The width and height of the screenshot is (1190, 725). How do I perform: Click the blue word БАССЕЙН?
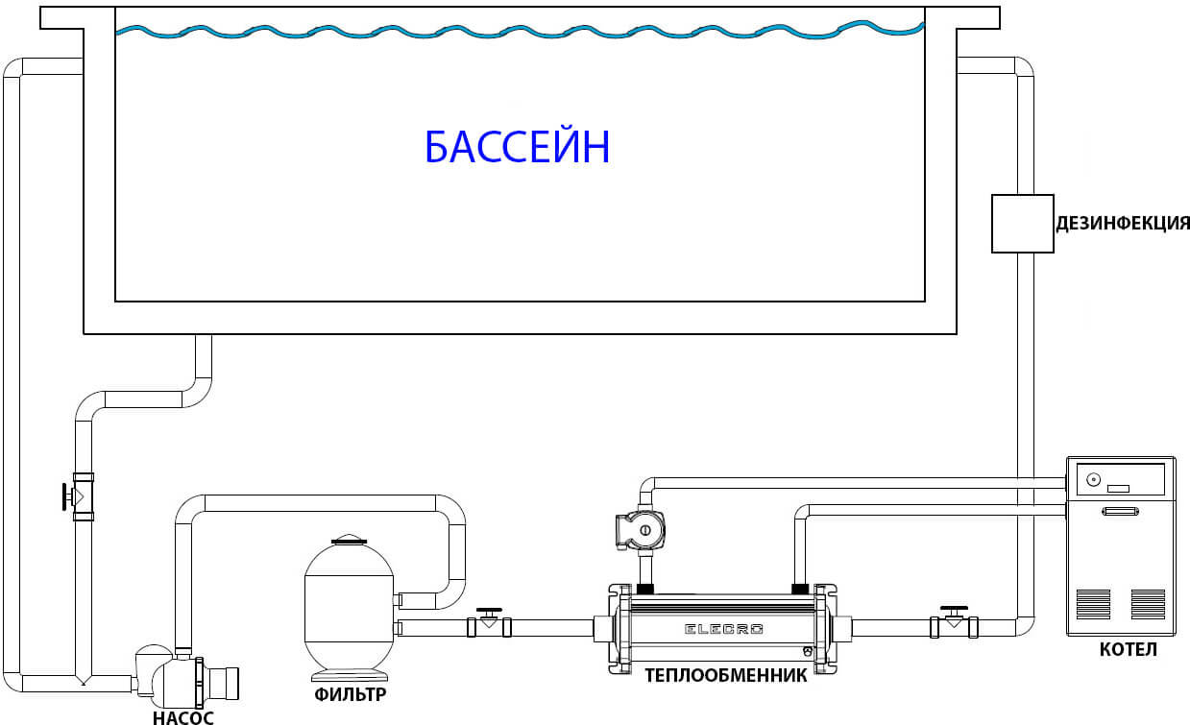(x=517, y=149)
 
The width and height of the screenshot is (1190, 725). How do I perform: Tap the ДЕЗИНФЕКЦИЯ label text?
(x=1122, y=224)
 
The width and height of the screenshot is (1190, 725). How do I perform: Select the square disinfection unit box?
(x=1022, y=224)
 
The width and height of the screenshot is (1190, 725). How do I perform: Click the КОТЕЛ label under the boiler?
(x=1128, y=651)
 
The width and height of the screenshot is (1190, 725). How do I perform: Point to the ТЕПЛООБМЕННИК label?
(x=725, y=674)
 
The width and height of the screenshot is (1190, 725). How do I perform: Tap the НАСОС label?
(x=182, y=716)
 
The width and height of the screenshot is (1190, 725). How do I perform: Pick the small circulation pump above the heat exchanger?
(x=639, y=529)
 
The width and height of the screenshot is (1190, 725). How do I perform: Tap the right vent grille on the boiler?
(x=1147, y=604)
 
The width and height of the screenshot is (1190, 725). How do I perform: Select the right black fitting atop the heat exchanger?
(x=801, y=587)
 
